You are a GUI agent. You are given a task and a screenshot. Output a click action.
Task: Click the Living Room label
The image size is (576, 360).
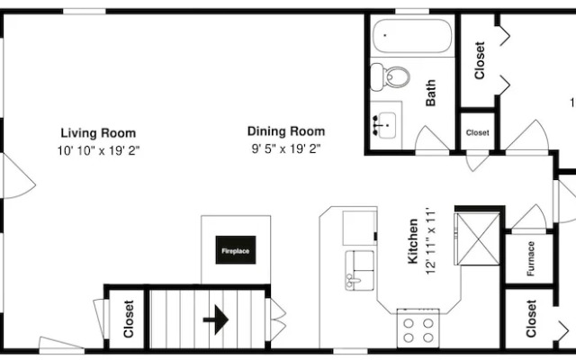coord(98,133)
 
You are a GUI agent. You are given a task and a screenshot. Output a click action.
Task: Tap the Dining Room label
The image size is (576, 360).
coord(286,131)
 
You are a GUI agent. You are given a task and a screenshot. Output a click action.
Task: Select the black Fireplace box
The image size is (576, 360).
coord(236,250)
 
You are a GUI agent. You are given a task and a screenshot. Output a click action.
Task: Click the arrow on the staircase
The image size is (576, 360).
coord(216,319)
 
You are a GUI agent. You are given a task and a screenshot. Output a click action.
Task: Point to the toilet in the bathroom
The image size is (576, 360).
coord(390,76)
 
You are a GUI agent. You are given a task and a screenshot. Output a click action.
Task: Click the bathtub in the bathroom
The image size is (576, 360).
coord(412,36)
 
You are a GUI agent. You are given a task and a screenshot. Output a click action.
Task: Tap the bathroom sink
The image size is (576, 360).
coord(385,125)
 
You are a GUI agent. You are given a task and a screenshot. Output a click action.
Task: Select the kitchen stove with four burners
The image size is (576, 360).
coord(418,328)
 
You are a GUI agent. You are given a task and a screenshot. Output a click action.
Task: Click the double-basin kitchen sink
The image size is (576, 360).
coord(360,270)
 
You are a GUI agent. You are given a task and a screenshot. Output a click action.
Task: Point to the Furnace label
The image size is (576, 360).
coord(530,258)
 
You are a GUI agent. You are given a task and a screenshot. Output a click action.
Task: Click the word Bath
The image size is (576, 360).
coord(430,93)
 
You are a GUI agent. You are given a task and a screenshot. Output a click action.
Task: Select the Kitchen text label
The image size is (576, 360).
coord(413,241)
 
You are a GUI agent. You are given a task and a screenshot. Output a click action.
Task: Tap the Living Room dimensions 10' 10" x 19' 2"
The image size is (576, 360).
coord(98,150)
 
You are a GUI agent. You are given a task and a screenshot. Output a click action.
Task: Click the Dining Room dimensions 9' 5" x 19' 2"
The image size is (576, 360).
coord(286,148)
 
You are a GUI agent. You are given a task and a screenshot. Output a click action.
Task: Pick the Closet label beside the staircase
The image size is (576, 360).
coord(129,319)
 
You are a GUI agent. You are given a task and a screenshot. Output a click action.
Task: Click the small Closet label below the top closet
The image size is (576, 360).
coord(478,132)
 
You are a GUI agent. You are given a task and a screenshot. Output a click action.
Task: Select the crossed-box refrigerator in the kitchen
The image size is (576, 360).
coord(478,238)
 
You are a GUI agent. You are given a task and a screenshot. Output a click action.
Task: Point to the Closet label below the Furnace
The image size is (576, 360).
coord(531,319)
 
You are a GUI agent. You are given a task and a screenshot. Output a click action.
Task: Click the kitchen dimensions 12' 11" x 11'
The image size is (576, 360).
coord(430,241)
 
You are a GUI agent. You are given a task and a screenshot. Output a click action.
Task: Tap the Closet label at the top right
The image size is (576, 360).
coord(480,60)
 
